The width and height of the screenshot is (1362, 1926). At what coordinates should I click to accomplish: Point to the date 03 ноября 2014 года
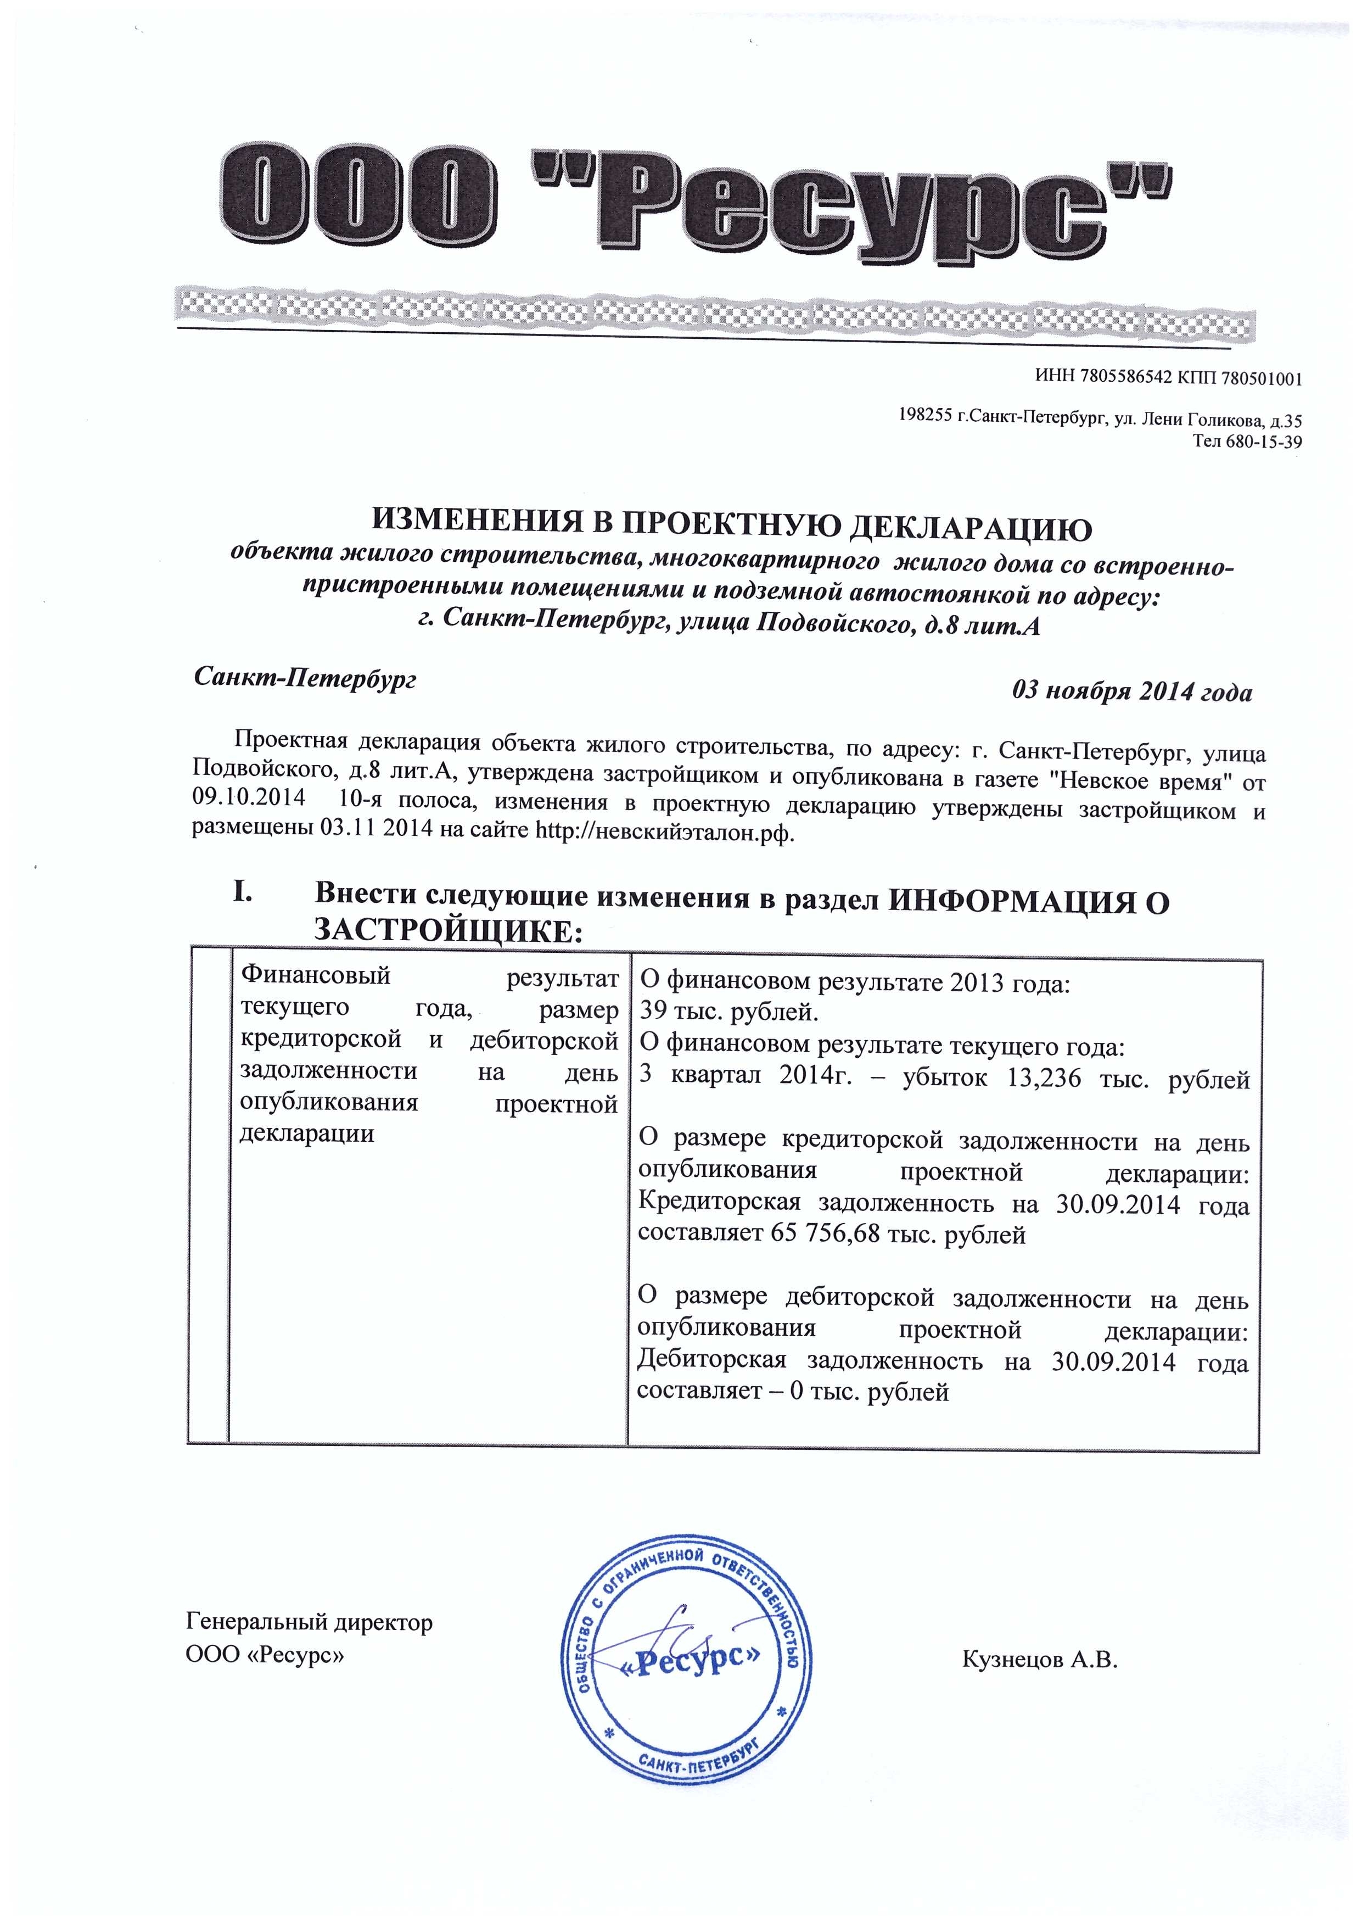(1132, 692)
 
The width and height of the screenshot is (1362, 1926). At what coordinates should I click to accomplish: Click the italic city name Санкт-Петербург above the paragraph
(305, 678)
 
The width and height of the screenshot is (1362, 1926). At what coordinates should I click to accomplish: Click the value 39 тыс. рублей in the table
(729, 1013)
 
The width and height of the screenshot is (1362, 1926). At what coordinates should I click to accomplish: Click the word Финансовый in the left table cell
(315, 975)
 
